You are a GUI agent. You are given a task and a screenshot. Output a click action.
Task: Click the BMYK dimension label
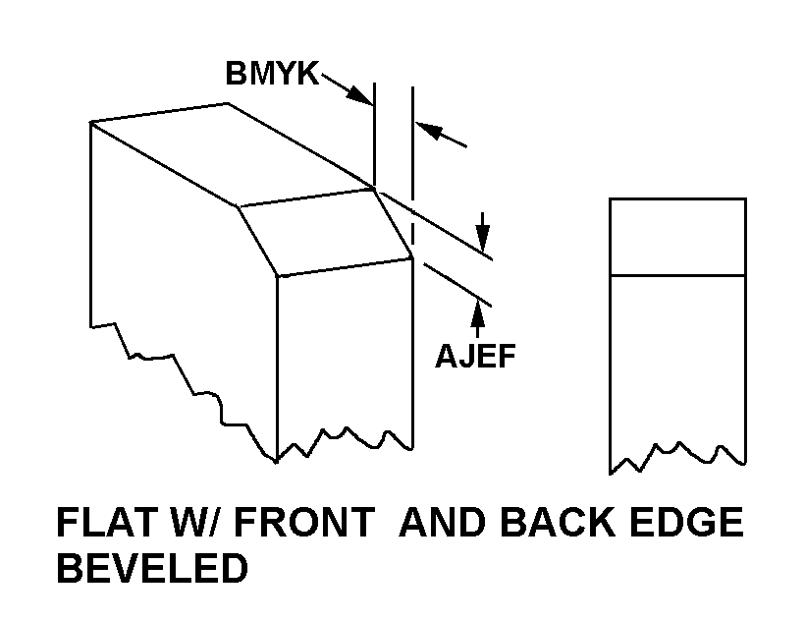(x=272, y=73)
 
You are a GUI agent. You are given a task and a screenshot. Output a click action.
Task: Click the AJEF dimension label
(x=475, y=356)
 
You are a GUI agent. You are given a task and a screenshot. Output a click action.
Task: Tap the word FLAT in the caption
(x=106, y=522)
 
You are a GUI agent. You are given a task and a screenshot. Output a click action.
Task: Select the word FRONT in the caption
(x=304, y=522)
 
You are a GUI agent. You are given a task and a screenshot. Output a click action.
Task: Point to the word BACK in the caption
(x=558, y=522)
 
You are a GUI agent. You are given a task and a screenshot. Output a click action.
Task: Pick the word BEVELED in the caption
(x=152, y=568)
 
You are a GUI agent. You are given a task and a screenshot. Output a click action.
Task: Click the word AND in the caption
(x=443, y=522)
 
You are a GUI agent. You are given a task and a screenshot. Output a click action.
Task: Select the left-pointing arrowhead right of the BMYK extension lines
(x=428, y=130)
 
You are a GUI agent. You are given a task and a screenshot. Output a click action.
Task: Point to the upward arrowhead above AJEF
(x=477, y=313)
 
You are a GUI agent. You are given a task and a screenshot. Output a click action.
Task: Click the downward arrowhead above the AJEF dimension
(x=482, y=238)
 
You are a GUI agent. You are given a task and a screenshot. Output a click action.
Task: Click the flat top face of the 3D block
(x=232, y=155)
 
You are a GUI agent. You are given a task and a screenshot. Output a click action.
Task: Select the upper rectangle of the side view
(x=677, y=237)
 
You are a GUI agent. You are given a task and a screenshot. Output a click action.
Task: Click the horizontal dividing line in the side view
(x=677, y=276)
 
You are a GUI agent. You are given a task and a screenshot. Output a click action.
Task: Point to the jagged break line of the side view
(x=677, y=457)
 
